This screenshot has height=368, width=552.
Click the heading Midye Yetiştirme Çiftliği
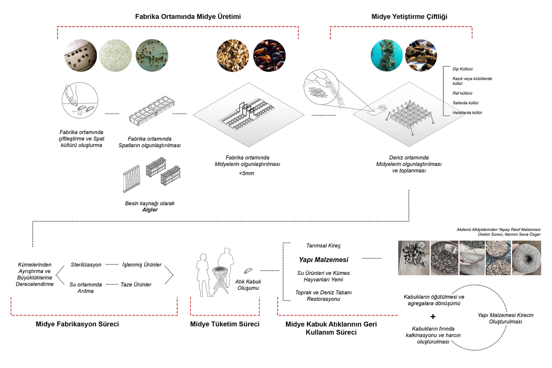[x=409, y=17]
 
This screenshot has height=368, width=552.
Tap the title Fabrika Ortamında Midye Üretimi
[x=188, y=17]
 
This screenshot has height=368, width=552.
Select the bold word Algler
[x=150, y=210]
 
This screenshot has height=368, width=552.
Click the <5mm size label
[x=246, y=173]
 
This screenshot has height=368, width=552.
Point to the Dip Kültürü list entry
[x=462, y=69]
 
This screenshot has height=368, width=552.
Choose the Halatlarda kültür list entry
[x=467, y=113]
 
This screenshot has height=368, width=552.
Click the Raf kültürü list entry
[x=462, y=93]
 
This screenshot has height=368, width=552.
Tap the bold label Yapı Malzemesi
[x=323, y=260]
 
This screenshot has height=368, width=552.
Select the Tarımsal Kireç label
[x=323, y=246]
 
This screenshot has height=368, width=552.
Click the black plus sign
[x=433, y=317]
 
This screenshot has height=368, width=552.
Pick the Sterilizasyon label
[x=86, y=265]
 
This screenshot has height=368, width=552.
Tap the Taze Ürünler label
[x=136, y=285]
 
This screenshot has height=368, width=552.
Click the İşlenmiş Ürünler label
[x=142, y=265]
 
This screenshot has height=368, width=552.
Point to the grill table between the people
[x=220, y=278]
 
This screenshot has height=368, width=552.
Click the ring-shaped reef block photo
[x=526, y=258]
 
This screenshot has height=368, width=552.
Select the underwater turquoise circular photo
[x=386, y=56]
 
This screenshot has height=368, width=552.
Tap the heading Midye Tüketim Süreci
[x=225, y=324]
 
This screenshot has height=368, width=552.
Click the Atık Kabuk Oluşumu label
[x=248, y=285]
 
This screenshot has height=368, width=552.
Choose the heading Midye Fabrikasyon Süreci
[x=77, y=324]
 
